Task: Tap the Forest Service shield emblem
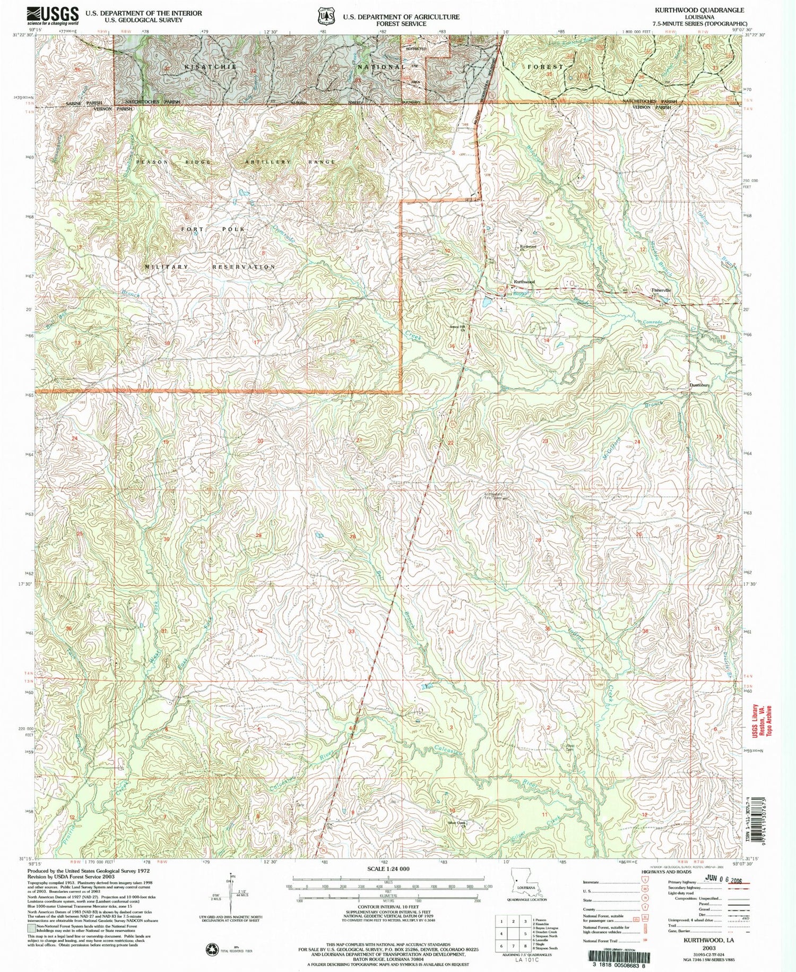click(x=325, y=16)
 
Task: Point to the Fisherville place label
click(x=661, y=290)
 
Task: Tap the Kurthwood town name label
click(x=524, y=282)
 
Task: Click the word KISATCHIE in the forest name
click(x=210, y=67)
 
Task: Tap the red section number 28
click(x=352, y=537)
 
